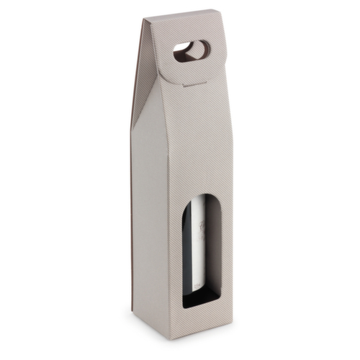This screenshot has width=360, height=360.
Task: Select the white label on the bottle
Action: (x=194, y=238)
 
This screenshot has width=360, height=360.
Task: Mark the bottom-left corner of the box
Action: (x=132, y=312)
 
